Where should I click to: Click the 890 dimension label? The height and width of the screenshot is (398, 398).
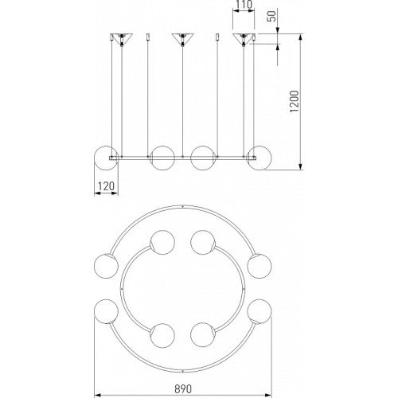coord(183,389)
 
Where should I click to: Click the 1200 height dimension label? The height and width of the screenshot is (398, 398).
coord(295,101)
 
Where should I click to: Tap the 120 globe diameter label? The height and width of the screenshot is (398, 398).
coord(106,186)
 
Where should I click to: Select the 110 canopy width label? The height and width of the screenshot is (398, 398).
coord(244,5)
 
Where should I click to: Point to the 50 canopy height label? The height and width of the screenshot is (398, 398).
coord(271,16)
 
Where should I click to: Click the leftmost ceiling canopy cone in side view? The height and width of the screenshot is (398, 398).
coord(122,39)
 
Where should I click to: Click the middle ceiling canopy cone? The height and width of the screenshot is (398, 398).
coord(182,39)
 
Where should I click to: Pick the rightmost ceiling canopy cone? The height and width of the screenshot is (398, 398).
coord(244,39)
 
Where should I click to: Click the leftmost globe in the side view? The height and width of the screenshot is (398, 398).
coord(106,158)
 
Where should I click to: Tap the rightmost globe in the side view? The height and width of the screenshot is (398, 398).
coord(259,158)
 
